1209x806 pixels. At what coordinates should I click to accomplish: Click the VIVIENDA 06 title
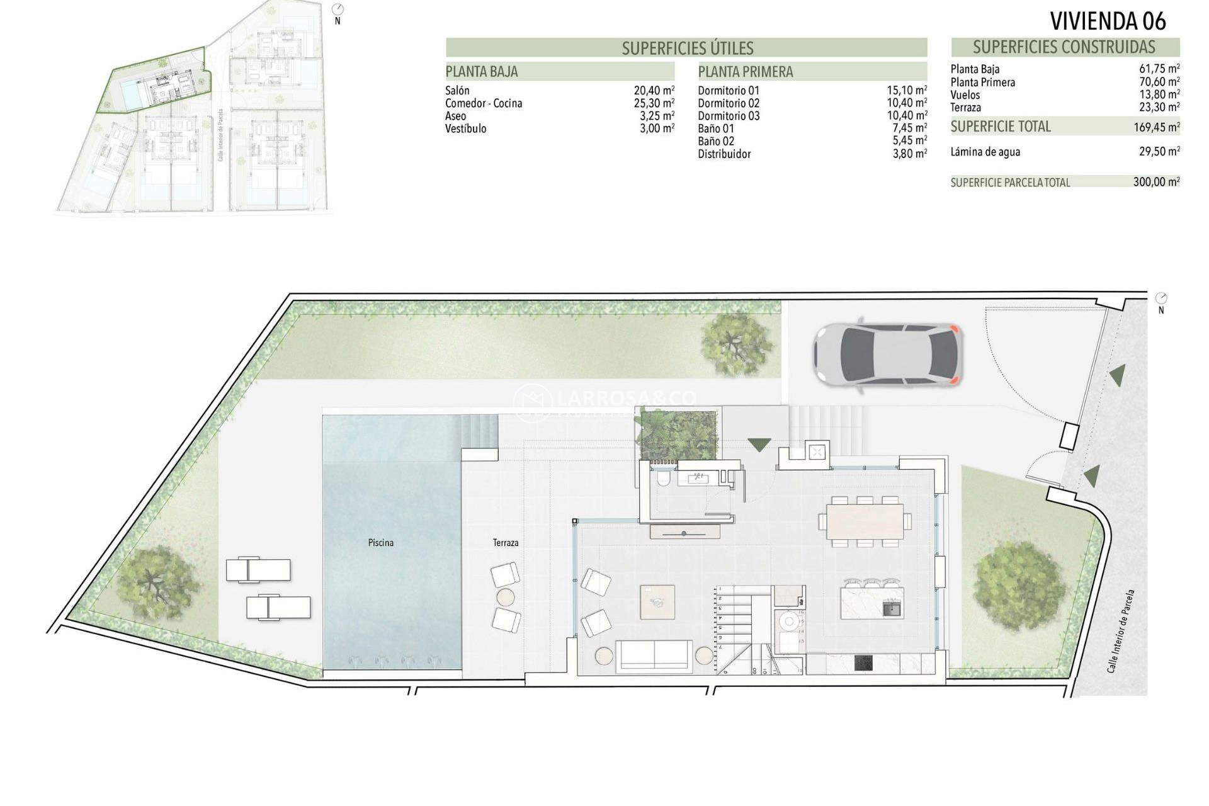(x=1108, y=21)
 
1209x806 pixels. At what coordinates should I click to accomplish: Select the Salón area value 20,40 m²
(x=654, y=91)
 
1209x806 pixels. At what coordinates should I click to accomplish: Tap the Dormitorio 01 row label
(x=729, y=91)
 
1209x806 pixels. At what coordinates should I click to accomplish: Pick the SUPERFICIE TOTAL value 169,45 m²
(x=1155, y=127)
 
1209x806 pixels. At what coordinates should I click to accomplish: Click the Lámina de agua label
(x=985, y=152)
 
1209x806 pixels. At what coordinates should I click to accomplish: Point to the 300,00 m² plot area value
(x=1156, y=183)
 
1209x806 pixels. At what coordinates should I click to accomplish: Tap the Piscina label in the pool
(x=380, y=542)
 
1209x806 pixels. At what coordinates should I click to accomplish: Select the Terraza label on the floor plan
(x=506, y=542)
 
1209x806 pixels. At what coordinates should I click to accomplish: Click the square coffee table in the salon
(x=657, y=602)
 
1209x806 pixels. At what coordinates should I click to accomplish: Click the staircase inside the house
(x=735, y=630)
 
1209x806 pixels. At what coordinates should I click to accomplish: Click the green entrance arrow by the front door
(x=759, y=445)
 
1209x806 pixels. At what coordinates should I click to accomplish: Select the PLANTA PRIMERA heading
(x=746, y=72)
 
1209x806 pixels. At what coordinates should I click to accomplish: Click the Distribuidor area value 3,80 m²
(x=909, y=154)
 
